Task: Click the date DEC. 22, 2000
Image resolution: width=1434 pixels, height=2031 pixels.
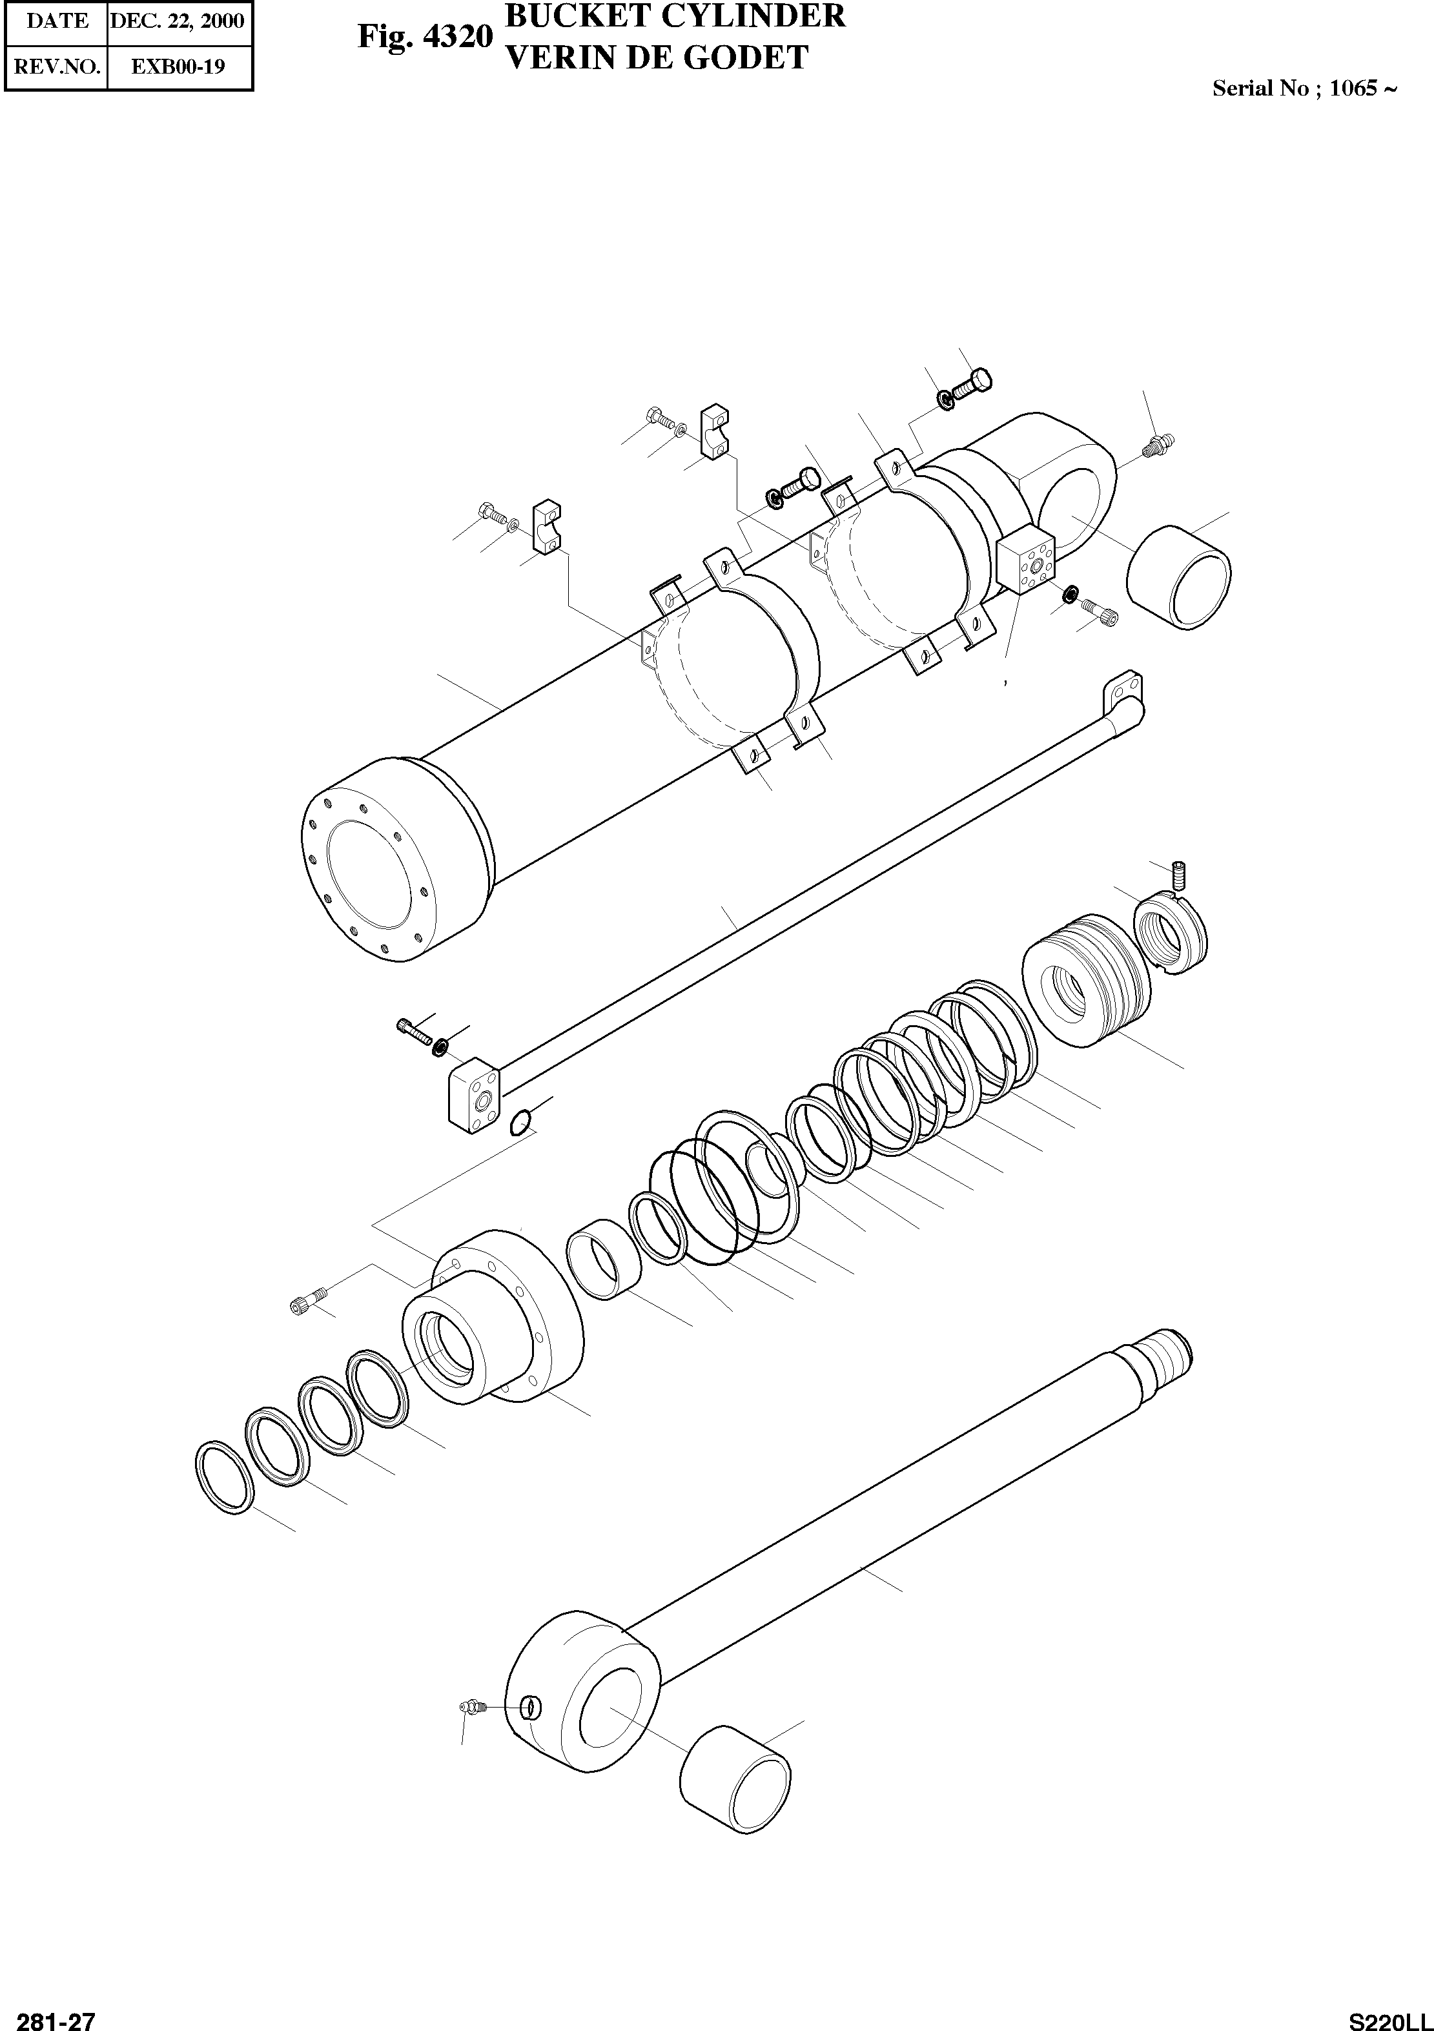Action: [x=177, y=21]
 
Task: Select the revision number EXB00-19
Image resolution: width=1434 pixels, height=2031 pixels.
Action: [x=177, y=66]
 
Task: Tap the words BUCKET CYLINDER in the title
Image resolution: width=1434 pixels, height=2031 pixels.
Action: [x=674, y=16]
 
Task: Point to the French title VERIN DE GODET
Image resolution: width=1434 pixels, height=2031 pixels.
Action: [x=655, y=57]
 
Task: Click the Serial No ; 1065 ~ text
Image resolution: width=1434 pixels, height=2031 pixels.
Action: [x=1304, y=88]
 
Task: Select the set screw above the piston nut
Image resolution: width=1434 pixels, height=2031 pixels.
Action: [x=1178, y=875]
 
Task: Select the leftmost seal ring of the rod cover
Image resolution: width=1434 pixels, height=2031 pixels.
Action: [x=225, y=1476]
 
